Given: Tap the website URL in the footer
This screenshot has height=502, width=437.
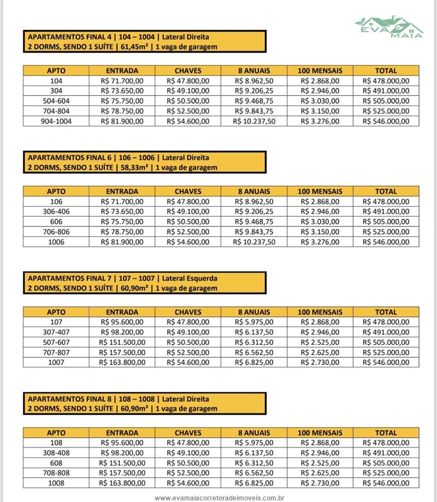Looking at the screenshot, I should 220,498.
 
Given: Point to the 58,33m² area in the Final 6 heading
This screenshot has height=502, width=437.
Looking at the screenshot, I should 132,168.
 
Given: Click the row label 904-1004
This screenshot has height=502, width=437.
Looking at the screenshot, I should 56,121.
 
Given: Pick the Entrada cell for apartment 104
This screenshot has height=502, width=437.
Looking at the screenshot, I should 122,81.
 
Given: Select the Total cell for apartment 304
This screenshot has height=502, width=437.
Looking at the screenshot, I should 386,91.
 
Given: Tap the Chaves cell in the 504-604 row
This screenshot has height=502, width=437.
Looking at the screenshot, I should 188,101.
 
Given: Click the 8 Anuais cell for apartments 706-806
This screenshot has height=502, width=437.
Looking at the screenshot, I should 254,232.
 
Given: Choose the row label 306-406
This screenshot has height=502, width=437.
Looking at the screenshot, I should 56,212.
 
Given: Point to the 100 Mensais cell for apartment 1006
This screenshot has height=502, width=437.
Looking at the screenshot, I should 320,242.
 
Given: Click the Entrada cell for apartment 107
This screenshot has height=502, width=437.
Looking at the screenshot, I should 122,322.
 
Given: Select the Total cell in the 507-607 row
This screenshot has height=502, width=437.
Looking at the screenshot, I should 386,342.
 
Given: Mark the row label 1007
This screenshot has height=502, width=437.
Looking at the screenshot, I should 56,362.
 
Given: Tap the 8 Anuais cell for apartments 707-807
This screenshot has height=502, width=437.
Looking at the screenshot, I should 254,352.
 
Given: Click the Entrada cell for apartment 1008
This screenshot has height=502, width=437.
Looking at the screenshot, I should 122,483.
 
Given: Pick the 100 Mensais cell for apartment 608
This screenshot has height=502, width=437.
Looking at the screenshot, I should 320,463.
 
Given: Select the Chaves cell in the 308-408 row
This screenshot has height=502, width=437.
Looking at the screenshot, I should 188,453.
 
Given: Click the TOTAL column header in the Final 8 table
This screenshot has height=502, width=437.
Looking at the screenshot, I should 386,433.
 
